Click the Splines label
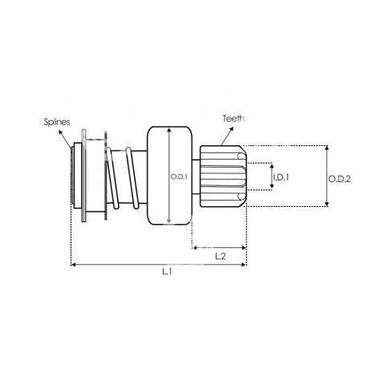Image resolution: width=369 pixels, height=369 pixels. tap(57, 122)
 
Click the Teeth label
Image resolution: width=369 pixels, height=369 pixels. tap(233, 118)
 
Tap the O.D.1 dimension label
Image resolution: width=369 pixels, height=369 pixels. tap(179, 176)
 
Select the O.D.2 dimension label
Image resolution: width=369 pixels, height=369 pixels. tap(339, 179)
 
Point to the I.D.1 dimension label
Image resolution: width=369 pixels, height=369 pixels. tap(281, 177)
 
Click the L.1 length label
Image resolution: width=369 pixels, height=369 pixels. tap(167, 272)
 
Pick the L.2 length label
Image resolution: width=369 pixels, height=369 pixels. tap(221, 256)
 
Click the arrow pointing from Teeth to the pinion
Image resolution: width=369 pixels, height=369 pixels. tap(227, 136)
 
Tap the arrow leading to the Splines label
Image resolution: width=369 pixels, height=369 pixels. tap(65, 139)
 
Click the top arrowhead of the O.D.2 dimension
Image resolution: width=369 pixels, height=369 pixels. tap(326, 148)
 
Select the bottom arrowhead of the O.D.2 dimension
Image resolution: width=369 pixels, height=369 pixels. tap(326, 204)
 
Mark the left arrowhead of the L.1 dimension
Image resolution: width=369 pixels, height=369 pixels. tap(74, 265)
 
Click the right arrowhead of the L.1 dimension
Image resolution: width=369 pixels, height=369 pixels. tap(243, 265)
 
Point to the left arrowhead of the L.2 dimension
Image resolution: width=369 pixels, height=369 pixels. tap(195, 248)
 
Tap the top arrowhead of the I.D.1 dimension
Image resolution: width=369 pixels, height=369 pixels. tap(272, 167)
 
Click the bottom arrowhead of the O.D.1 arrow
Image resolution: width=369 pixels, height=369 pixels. tap(168, 221)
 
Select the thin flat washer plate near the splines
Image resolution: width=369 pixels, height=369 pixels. tap(83, 176)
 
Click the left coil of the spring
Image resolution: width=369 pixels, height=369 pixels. tap(112, 178)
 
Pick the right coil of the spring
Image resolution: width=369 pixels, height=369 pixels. tap(132, 178)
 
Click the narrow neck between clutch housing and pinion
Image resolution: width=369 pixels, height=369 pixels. tap(196, 176)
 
